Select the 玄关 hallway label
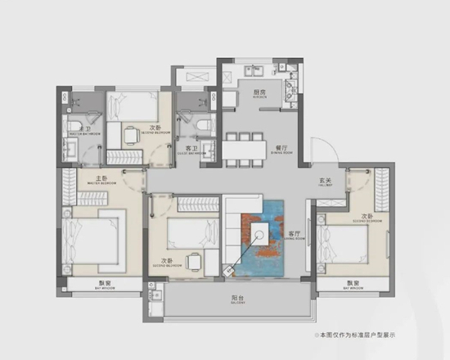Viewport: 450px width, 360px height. click(x=325, y=182)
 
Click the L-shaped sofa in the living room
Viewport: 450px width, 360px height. click(x=236, y=221)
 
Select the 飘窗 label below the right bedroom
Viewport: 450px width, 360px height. click(x=353, y=283)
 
